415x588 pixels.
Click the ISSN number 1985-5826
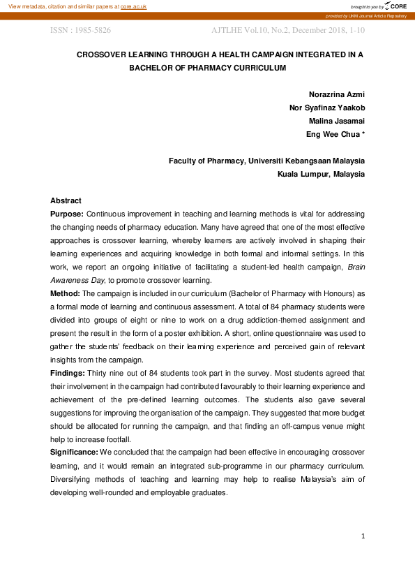tap(90, 31)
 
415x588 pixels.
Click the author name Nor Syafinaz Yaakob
tap(326, 108)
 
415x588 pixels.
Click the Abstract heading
tap(66, 200)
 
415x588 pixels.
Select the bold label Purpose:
tap(67, 214)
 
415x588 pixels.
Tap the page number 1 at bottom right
tap(363, 536)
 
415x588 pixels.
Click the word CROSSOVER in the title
tap(103, 54)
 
